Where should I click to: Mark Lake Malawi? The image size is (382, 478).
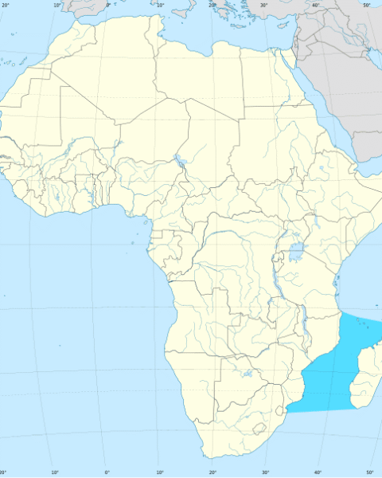click(303, 323)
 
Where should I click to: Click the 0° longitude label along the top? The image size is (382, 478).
click(108, 5)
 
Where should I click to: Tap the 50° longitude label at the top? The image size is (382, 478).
click(367, 5)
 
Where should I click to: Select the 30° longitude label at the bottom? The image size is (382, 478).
click(265, 473)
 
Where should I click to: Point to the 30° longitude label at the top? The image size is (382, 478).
click(264, 5)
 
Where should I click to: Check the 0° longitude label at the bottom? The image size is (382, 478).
click(107, 473)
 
